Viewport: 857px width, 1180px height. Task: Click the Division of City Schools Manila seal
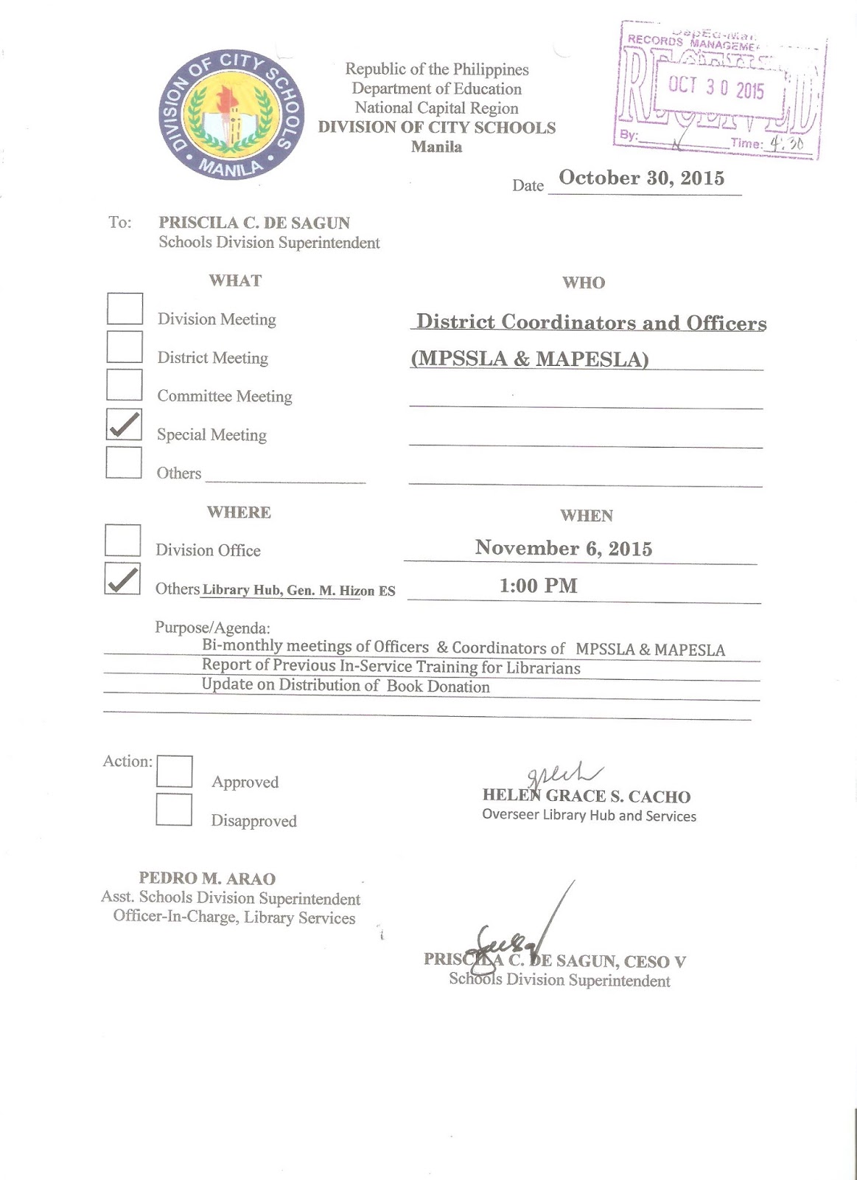point(231,115)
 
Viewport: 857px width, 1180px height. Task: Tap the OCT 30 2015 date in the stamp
point(716,88)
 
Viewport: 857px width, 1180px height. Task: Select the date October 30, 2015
point(641,178)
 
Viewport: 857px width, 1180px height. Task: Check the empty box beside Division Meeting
point(125,309)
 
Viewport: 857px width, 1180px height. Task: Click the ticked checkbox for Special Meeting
point(124,425)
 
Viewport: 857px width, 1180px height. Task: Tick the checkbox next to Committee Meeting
point(125,385)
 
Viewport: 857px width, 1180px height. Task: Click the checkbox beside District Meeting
point(125,347)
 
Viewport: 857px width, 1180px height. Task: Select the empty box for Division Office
point(122,541)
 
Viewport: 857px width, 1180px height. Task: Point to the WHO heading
point(583,282)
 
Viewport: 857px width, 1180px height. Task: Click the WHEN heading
point(586,516)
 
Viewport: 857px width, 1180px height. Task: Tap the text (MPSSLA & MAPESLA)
point(530,359)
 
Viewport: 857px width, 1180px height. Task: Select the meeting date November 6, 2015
point(563,548)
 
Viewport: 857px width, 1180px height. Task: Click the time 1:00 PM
point(538,586)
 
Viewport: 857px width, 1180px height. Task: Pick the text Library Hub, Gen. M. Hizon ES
point(298,591)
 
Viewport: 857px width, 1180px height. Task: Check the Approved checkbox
point(175,771)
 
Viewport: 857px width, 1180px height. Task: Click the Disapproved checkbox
point(174,810)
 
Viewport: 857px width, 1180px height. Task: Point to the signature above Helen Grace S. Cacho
point(563,774)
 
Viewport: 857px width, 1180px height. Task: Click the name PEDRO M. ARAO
point(207,878)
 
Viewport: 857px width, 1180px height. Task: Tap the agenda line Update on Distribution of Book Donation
point(346,686)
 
